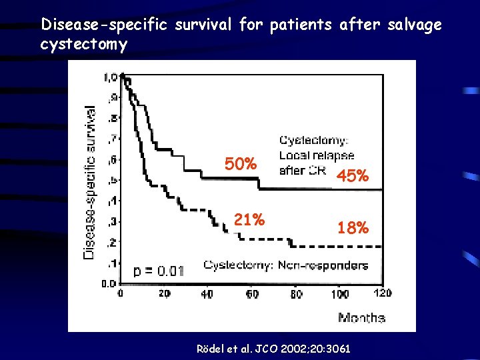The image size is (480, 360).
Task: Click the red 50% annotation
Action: [241, 164]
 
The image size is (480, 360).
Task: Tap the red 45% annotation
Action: [353, 176]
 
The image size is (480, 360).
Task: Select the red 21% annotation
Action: [249, 219]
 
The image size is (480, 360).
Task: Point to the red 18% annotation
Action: [353, 228]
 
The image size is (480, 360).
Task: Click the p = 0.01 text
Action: [159, 271]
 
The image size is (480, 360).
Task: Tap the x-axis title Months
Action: [361, 317]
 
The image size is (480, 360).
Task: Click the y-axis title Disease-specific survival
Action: [89, 180]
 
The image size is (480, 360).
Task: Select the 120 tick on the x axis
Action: [383, 294]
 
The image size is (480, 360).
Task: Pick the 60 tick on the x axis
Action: [253, 294]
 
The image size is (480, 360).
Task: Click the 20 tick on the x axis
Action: [163, 294]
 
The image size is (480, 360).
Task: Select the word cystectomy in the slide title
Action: [83, 44]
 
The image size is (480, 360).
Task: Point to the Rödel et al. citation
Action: [273, 349]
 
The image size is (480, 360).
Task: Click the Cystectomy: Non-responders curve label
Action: [285, 265]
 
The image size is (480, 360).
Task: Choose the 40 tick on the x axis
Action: [208, 294]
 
